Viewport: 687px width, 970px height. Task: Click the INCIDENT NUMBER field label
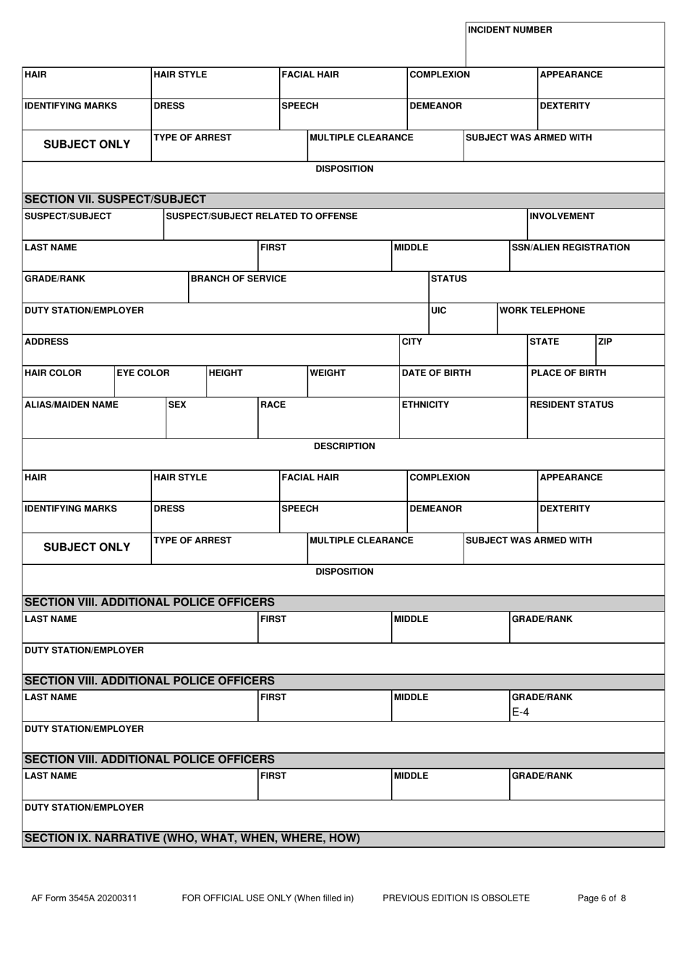[x=510, y=30]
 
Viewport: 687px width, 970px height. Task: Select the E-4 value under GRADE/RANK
[x=521, y=712]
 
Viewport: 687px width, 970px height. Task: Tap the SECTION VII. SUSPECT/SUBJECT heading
[x=116, y=200]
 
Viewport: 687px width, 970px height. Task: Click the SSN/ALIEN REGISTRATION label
[x=571, y=247]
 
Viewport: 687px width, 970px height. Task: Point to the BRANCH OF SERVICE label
[x=239, y=278]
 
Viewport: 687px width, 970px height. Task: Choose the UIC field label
[x=439, y=310]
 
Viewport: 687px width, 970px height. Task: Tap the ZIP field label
[x=605, y=341]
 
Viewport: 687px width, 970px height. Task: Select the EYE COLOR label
[x=143, y=373]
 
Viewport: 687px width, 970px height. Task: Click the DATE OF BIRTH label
[x=436, y=373]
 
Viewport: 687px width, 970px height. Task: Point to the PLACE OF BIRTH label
[x=568, y=373]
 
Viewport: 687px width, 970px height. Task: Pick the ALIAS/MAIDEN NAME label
[x=72, y=404]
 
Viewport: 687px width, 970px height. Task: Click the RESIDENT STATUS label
[x=571, y=404]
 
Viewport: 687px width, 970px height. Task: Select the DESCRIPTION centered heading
[x=344, y=446]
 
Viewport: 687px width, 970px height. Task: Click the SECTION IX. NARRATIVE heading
[x=192, y=838]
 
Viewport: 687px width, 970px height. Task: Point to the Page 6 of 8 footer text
[x=602, y=898]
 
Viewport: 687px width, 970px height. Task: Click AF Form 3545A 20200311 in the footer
[x=84, y=898]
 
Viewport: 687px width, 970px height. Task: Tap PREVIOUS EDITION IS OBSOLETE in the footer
[x=456, y=898]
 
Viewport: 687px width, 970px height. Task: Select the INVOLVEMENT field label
[x=562, y=216]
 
